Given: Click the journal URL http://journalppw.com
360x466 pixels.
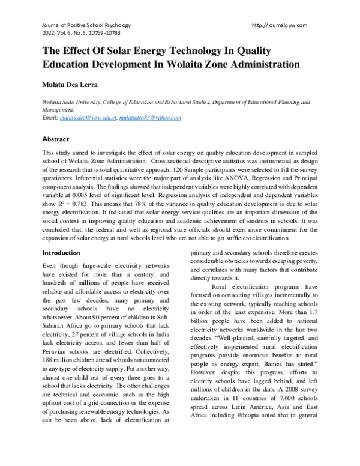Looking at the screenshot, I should (x=281, y=25).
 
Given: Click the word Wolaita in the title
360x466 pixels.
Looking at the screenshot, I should (x=194, y=62).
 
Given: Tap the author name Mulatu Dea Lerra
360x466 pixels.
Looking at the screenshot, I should (x=68, y=84).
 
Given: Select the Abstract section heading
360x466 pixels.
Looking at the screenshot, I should (x=56, y=139).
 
